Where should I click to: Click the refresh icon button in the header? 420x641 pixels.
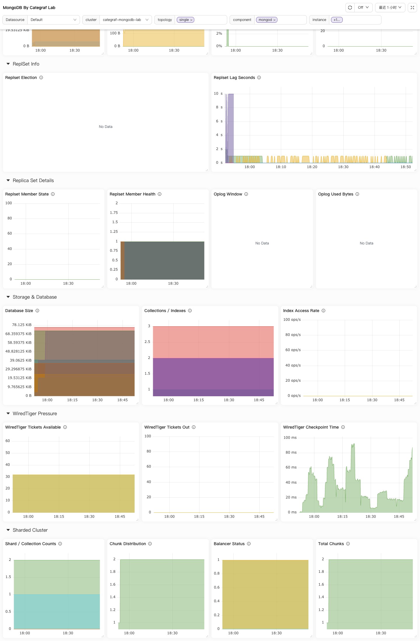350,8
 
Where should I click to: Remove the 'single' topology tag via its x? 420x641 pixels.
191,20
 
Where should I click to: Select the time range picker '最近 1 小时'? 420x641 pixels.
390,8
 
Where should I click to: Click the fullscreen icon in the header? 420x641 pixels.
412,8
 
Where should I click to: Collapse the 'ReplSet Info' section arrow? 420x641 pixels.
8,64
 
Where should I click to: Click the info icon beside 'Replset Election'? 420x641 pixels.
41,78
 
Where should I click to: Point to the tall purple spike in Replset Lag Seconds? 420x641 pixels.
231,128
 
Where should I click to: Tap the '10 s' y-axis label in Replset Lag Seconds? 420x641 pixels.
218,94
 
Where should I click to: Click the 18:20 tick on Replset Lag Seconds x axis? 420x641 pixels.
312,167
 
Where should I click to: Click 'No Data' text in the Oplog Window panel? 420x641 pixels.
262,243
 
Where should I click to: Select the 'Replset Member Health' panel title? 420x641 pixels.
132,194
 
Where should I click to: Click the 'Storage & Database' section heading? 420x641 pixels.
35,297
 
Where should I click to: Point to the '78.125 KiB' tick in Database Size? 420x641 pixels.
22,325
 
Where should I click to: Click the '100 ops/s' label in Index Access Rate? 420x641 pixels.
292,320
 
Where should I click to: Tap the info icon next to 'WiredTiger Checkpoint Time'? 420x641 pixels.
343,427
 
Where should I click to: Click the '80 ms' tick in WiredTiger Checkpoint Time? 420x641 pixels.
291,452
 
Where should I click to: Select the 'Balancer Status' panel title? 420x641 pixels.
229,544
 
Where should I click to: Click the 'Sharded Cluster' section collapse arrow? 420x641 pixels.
8,530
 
